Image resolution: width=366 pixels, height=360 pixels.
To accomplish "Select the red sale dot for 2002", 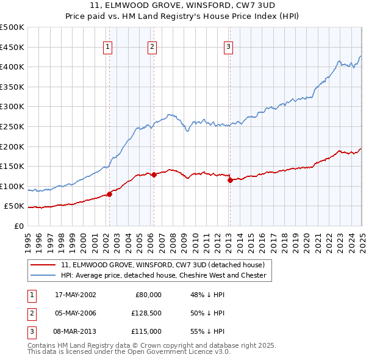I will tap(110, 195).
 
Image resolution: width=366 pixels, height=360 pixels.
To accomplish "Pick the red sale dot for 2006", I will tap(154, 175).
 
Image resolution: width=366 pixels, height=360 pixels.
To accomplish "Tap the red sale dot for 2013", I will tap(230, 180).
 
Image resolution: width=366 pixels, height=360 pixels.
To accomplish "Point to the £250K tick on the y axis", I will tap(12, 126).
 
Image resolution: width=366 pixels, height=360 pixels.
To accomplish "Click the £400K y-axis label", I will tap(12, 67).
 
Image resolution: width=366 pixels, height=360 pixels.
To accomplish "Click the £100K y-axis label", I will tap(12, 186).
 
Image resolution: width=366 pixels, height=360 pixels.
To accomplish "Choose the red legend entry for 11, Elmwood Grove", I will tap(162, 265).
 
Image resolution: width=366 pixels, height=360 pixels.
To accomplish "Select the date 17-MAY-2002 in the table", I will tap(76, 295).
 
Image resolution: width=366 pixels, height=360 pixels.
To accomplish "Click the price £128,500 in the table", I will tap(146, 313).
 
